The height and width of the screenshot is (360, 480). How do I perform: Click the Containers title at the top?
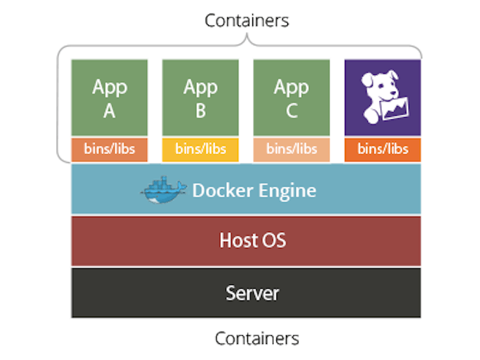coord(247,20)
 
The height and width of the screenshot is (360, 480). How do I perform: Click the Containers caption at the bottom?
coord(257,338)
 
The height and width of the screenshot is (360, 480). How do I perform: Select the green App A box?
coord(110,97)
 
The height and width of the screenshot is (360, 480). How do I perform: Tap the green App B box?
coord(201,97)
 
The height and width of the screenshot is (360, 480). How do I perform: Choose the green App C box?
coord(291,97)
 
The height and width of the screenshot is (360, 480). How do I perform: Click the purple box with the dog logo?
coord(383,97)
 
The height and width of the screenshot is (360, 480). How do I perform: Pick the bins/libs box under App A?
coord(110,149)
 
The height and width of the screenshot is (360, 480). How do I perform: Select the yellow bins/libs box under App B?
coord(201,149)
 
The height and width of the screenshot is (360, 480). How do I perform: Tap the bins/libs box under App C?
coord(291,149)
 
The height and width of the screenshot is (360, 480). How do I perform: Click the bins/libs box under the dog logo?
coord(383,149)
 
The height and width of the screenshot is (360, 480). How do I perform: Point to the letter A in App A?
coord(110,111)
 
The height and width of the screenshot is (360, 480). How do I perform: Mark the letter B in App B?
coord(201,111)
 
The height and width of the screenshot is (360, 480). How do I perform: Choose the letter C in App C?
coord(291,111)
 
